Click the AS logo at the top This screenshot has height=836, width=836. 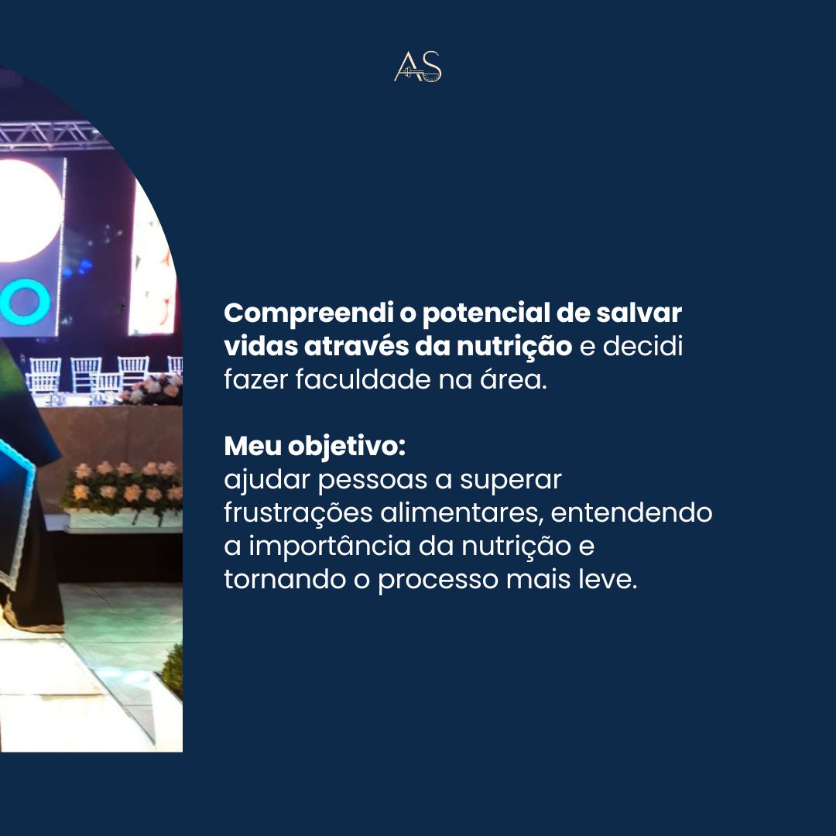pos(418,67)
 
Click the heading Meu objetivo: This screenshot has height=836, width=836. pos(314,447)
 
